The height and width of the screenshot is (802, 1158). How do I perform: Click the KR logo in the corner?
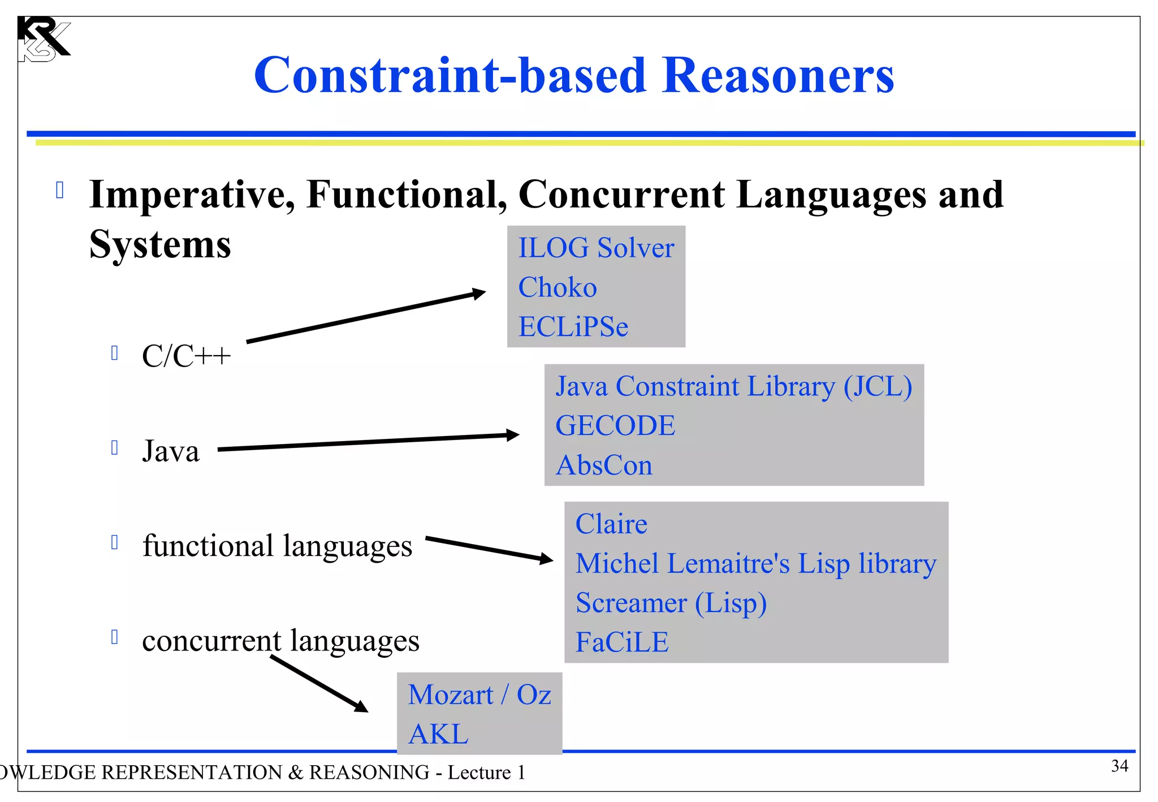point(43,39)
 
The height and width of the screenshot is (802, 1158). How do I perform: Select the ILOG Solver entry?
point(596,248)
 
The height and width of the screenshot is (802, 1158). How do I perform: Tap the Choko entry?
point(558,288)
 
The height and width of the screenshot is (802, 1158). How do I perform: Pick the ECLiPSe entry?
point(573,327)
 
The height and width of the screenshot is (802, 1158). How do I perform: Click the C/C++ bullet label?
point(186,356)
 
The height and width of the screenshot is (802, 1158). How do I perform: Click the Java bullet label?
point(171,451)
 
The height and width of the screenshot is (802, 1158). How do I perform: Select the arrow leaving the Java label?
point(368,442)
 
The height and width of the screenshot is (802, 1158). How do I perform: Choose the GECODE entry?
point(615,426)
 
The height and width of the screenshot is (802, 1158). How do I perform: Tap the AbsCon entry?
point(604,465)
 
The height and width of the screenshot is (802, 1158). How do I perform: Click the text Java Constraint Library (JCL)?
point(733,386)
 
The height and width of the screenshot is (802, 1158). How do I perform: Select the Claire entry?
point(611,524)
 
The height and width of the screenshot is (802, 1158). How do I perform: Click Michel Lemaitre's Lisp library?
point(755,564)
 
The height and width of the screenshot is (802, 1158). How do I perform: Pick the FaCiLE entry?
point(622,643)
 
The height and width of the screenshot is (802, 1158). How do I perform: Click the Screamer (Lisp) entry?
point(671,603)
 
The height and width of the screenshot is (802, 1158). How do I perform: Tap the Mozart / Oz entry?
point(479,695)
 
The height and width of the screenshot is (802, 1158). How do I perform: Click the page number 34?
point(1120,766)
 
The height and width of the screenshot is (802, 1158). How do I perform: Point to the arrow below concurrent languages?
point(319,684)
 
